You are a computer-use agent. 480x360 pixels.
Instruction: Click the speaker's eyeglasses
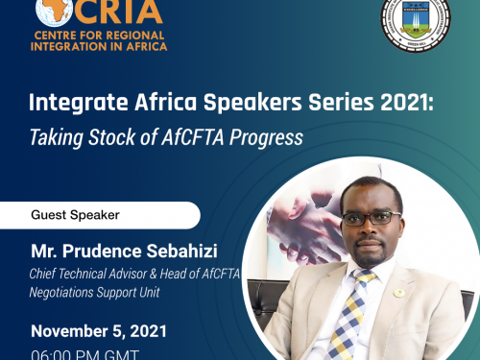pos(370,218)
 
